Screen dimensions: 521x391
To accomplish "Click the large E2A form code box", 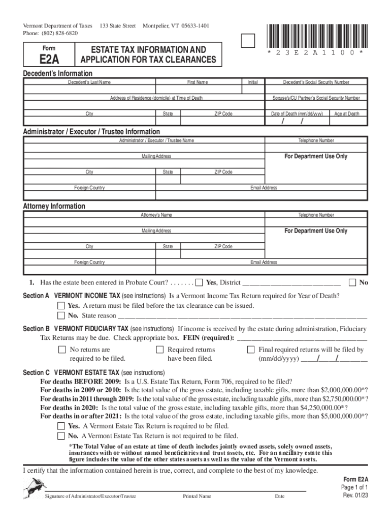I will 49,55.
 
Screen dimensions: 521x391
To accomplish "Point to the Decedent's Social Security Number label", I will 316,82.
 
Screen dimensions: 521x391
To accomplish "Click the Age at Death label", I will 346,114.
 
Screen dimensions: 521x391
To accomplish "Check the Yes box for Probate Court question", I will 200,282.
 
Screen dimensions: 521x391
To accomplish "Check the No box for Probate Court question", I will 352,282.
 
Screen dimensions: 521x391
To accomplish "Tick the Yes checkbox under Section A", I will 61,306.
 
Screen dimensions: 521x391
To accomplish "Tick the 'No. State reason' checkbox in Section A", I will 61,315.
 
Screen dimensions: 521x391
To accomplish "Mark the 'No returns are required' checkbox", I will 61,350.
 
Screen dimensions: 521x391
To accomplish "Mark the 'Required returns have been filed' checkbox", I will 159,350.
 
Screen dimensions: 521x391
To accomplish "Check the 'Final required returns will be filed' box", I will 250,350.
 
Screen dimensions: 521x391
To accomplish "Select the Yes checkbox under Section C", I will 61,426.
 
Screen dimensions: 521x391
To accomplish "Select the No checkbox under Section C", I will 61,436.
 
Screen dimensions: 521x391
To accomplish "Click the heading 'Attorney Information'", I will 54,206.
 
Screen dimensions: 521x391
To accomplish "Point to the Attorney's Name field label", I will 156,215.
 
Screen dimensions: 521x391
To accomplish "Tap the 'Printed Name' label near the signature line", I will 197,496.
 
